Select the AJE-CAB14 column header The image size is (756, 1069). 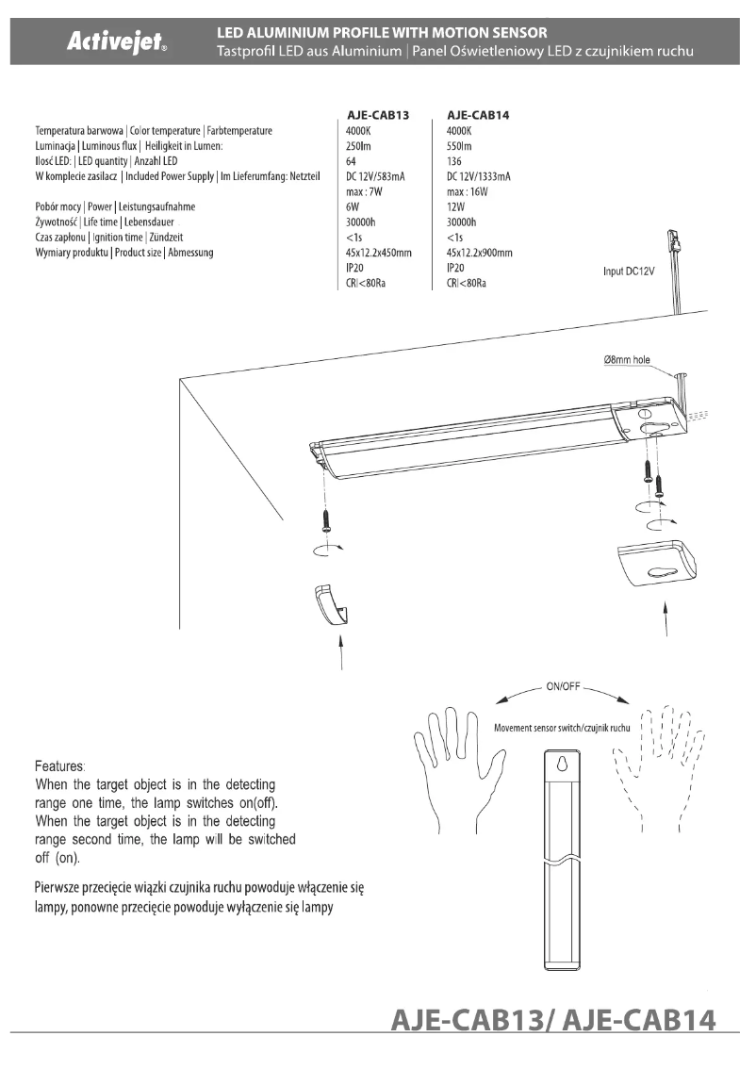pyautogui.click(x=479, y=115)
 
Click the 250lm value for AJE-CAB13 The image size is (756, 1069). pyautogui.click(x=359, y=146)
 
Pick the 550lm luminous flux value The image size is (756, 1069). pyautogui.click(x=459, y=146)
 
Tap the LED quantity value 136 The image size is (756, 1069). pyautogui.click(x=454, y=161)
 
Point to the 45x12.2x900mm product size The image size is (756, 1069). pyautogui.click(x=479, y=253)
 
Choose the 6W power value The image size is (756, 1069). pyautogui.click(x=353, y=206)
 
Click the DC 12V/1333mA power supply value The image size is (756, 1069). pyautogui.click(x=479, y=176)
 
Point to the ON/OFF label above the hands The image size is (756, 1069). pyautogui.click(x=563, y=686)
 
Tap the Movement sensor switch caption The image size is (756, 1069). pyautogui.click(x=561, y=728)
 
